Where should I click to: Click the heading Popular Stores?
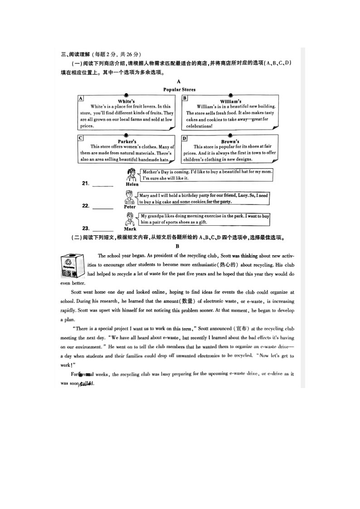pos(179,90)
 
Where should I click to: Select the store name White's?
pos(126,101)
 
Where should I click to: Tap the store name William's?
pos(231,101)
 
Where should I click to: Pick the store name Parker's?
pos(127,141)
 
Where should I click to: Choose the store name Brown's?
pos(230,141)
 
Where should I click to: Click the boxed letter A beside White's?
pos(81,98)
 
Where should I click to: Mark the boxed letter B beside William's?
pos(185,98)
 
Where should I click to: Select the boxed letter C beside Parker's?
pos(81,138)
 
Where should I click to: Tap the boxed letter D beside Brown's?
pos(185,138)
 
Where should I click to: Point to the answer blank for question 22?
pos(103,208)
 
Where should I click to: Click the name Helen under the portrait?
pos(131,185)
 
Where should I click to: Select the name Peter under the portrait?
pos(130,207)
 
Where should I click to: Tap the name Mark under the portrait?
pos(130,229)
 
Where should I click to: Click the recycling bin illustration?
pos(73,266)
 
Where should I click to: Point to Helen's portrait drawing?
pos(131,175)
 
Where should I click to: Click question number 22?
pos(85,206)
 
